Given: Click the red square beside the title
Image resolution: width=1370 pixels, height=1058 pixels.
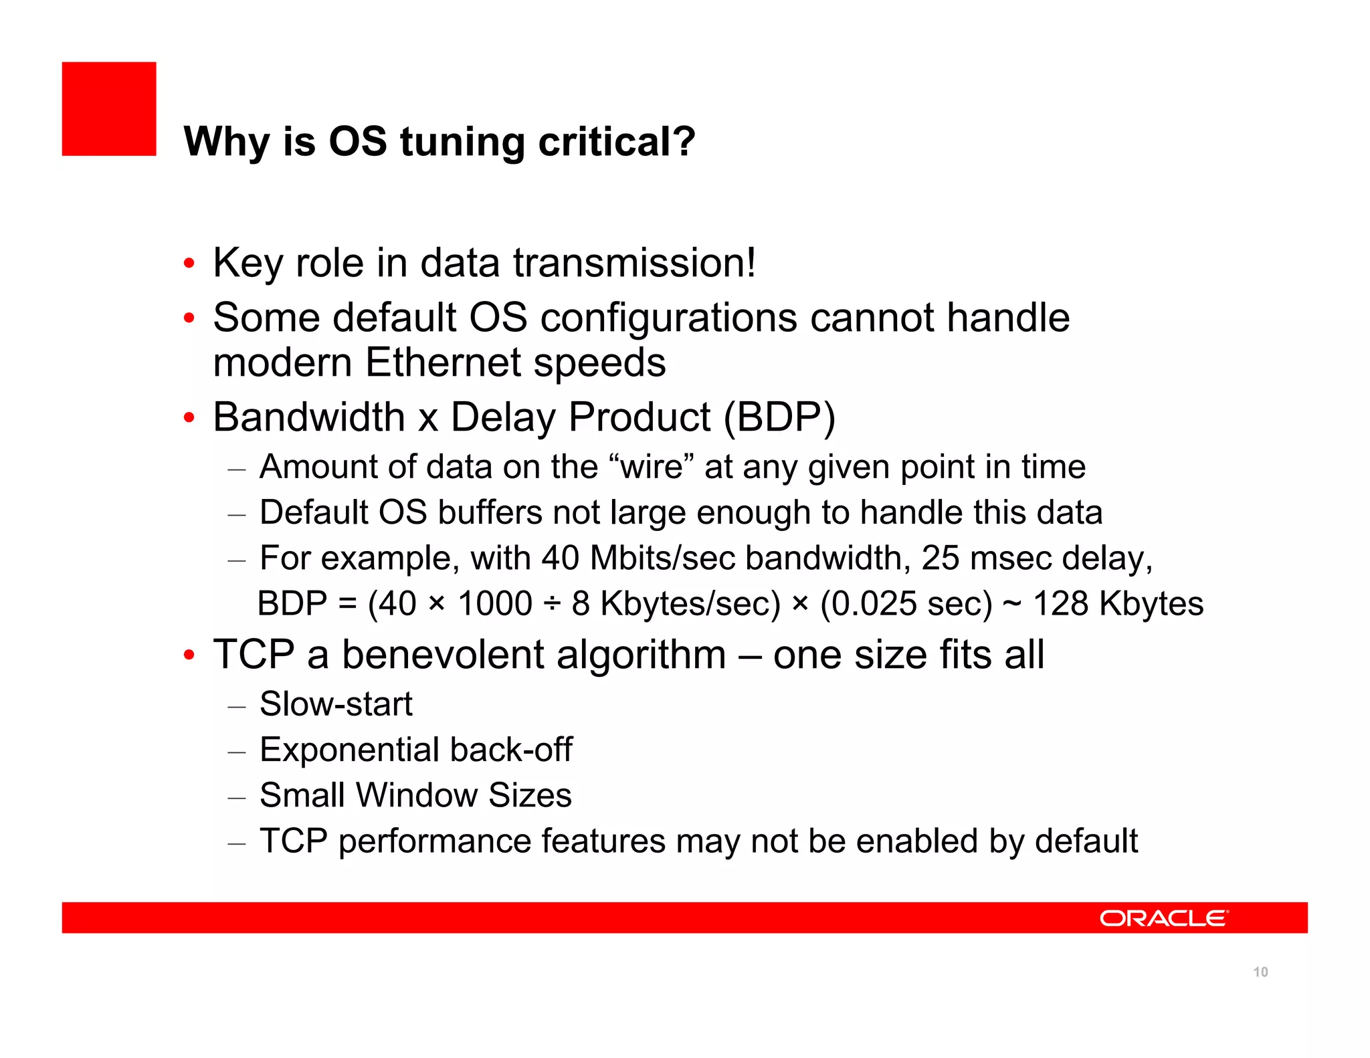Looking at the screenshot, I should click(x=109, y=109).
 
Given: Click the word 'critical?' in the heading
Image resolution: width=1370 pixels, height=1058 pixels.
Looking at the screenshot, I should click(x=616, y=142).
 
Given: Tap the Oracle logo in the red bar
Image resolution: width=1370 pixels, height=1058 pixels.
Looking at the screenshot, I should click(x=1163, y=918).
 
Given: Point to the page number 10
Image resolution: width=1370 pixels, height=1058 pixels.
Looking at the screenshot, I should click(x=1260, y=972).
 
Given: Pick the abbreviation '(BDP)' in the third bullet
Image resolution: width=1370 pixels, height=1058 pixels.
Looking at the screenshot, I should click(x=780, y=418).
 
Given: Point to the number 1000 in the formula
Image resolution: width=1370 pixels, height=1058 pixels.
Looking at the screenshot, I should click(x=494, y=604).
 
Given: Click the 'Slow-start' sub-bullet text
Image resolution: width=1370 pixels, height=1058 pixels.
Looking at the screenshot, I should click(x=336, y=704).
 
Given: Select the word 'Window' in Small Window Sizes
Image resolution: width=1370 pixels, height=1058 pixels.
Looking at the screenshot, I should click(x=416, y=795).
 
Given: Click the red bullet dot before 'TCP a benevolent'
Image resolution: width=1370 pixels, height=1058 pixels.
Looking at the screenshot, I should click(x=189, y=655).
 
